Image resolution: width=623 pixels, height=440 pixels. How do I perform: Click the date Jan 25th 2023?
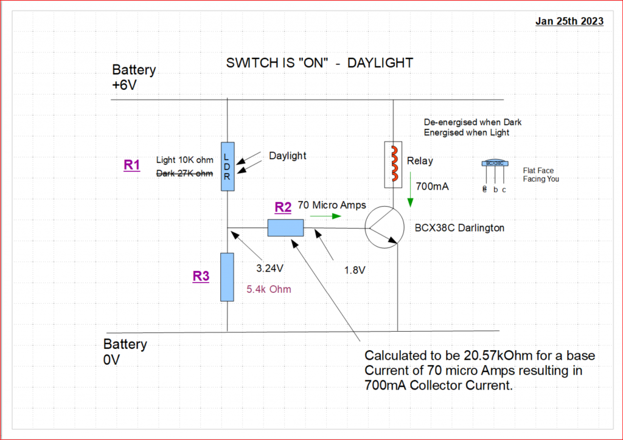[x=569, y=21]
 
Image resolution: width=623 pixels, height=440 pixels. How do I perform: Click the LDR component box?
[x=228, y=166]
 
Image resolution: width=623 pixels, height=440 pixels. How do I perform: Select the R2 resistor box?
[x=285, y=229]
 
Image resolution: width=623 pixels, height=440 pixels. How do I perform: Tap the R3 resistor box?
[x=227, y=277]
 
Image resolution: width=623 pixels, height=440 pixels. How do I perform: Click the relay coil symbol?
[x=394, y=165]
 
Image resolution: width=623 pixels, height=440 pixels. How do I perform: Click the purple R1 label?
[x=132, y=164]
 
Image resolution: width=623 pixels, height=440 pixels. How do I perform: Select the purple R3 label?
[x=201, y=276]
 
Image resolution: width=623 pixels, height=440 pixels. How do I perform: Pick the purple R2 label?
[x=283, y=207]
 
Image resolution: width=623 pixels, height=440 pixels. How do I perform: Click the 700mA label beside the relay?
[x=432, y=187]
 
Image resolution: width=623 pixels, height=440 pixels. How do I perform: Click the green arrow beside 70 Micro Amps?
[x=323, y=215]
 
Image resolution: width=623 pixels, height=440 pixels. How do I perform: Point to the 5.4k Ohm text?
[x=270, y=290]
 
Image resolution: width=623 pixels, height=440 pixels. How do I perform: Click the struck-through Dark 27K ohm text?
[x=185, y=173]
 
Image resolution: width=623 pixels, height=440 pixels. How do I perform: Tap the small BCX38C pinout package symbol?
[x=494, y=163]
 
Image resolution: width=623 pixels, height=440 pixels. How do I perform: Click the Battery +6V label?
[x=134, y=78]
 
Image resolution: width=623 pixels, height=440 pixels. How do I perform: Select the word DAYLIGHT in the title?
[x=380, y=63]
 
